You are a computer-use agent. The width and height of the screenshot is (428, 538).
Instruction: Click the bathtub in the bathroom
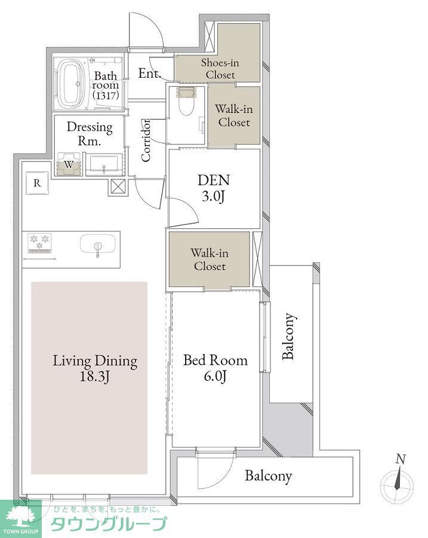[72, 84]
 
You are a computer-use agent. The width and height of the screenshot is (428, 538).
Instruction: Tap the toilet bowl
[187, 103]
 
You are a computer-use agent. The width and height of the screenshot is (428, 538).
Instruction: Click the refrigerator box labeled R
[37, 183]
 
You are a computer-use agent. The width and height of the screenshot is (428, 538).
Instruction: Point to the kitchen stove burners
[39, 240]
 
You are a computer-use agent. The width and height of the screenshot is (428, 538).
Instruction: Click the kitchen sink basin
[98, 244]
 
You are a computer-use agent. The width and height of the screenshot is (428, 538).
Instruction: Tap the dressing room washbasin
[103, 164]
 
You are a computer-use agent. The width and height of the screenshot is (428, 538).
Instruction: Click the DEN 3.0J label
[214, 188]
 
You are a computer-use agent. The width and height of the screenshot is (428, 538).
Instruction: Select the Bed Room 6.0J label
[215, 368]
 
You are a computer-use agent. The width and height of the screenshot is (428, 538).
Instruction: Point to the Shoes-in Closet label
[220, 69]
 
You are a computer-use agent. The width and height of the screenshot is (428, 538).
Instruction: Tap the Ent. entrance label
[149, 73]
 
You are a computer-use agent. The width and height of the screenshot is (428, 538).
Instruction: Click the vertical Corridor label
[146, 140]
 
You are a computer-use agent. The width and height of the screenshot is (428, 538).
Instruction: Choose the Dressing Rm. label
[90, 134]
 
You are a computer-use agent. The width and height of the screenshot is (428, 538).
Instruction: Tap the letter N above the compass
[401, 458]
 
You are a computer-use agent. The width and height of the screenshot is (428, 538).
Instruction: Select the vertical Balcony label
[288, 336]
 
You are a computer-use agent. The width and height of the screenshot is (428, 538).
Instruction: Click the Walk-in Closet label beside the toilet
[234, 115]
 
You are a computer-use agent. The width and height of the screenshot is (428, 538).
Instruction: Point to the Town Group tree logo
[20, 515]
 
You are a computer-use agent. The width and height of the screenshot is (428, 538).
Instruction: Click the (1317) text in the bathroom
[106, 96]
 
